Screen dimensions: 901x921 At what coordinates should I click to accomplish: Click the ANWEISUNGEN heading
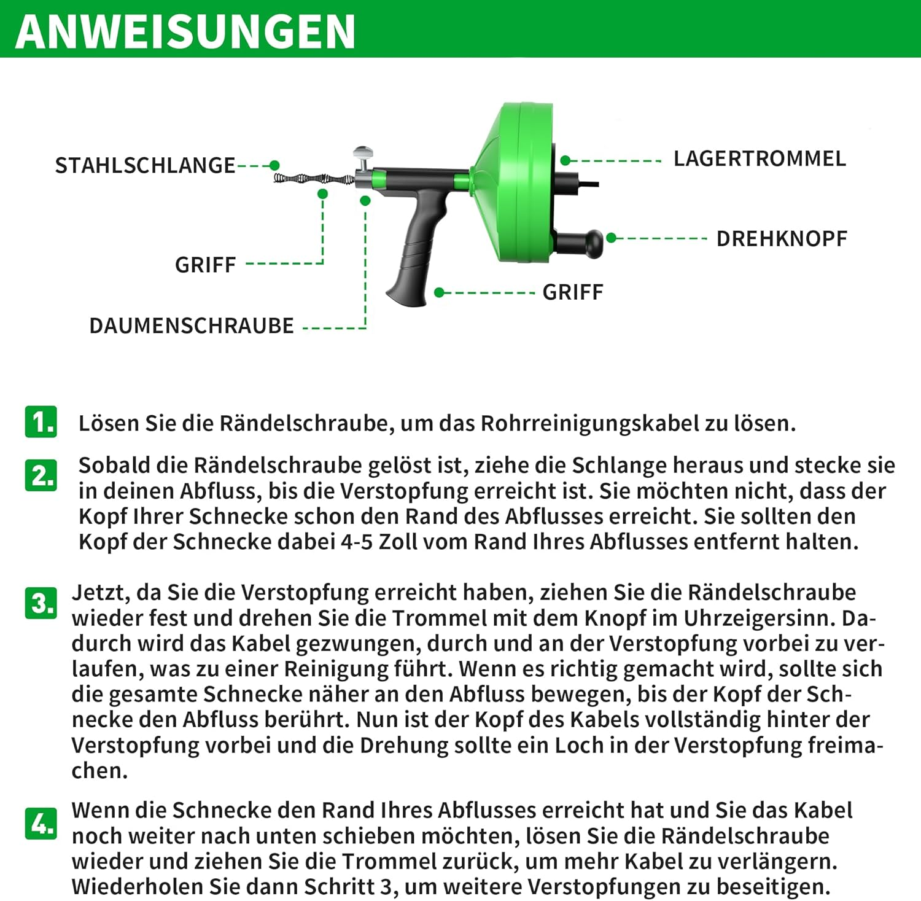185,31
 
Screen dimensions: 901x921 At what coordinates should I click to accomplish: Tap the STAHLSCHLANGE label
145,165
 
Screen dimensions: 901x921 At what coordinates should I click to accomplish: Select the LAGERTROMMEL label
760,158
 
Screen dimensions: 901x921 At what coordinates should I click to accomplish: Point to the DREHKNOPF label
782,238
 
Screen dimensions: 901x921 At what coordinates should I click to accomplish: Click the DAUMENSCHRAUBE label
192,326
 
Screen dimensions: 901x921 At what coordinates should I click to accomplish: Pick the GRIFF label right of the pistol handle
573,292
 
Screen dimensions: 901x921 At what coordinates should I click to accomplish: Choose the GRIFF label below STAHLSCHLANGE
206,265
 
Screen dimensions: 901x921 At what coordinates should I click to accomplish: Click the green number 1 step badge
41,422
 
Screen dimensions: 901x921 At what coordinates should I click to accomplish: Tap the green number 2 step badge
41,475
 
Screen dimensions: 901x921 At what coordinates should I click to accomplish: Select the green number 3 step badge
41,603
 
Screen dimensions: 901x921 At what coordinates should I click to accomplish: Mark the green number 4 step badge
41,823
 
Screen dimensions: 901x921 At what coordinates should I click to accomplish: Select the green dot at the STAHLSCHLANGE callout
274,165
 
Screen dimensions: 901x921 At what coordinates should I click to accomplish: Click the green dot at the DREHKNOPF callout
611,238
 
